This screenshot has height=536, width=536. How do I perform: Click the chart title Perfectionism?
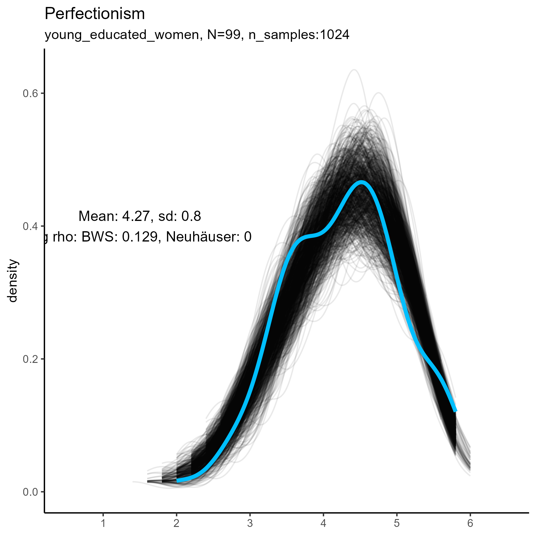(95, 14)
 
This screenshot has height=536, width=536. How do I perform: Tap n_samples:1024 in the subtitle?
(299, 35)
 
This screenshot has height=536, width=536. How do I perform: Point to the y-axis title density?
(13, 281)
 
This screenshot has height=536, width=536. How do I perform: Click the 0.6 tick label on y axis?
(30, 94)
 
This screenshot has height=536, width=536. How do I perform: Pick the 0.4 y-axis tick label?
(30, 226)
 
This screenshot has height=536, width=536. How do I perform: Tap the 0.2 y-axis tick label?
(30, 359)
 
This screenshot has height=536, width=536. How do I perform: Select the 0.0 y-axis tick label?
(30, 492)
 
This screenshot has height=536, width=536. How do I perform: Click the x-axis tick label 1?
(103, 523)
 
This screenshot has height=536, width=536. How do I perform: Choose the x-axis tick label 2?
(176, 523)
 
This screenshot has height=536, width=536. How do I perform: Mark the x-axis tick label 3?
(250, 523)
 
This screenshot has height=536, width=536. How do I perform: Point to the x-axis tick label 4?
(323, 523)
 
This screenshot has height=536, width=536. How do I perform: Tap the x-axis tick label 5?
(397, 523)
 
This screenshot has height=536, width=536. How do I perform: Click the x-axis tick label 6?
(470, 523)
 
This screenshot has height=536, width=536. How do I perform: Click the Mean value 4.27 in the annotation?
(136, 216)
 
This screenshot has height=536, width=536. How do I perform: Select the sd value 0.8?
(191, 216)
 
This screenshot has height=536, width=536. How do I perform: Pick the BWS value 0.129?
(140, 237)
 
